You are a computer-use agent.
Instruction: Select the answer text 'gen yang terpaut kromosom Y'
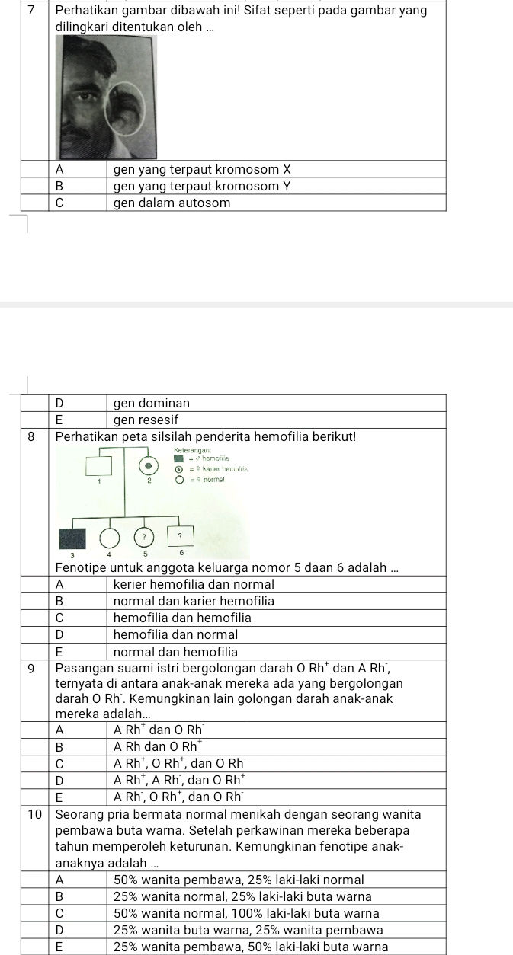click(x=202, y=186)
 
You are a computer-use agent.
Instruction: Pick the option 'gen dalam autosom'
click(x=172, y=203)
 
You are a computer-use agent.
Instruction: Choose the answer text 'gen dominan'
click(x=152, y=402)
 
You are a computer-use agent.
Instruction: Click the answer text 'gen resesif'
click(x=146, y=420)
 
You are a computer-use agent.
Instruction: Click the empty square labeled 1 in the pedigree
click(x=98, y=464)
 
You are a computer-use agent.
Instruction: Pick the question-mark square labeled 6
click(x=181, y=538)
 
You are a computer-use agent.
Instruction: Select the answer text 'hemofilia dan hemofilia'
click(x=182, y=617)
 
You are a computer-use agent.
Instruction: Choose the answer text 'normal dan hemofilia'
click(x=175, y=652)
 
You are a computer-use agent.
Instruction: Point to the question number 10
click(x=34, y=813)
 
